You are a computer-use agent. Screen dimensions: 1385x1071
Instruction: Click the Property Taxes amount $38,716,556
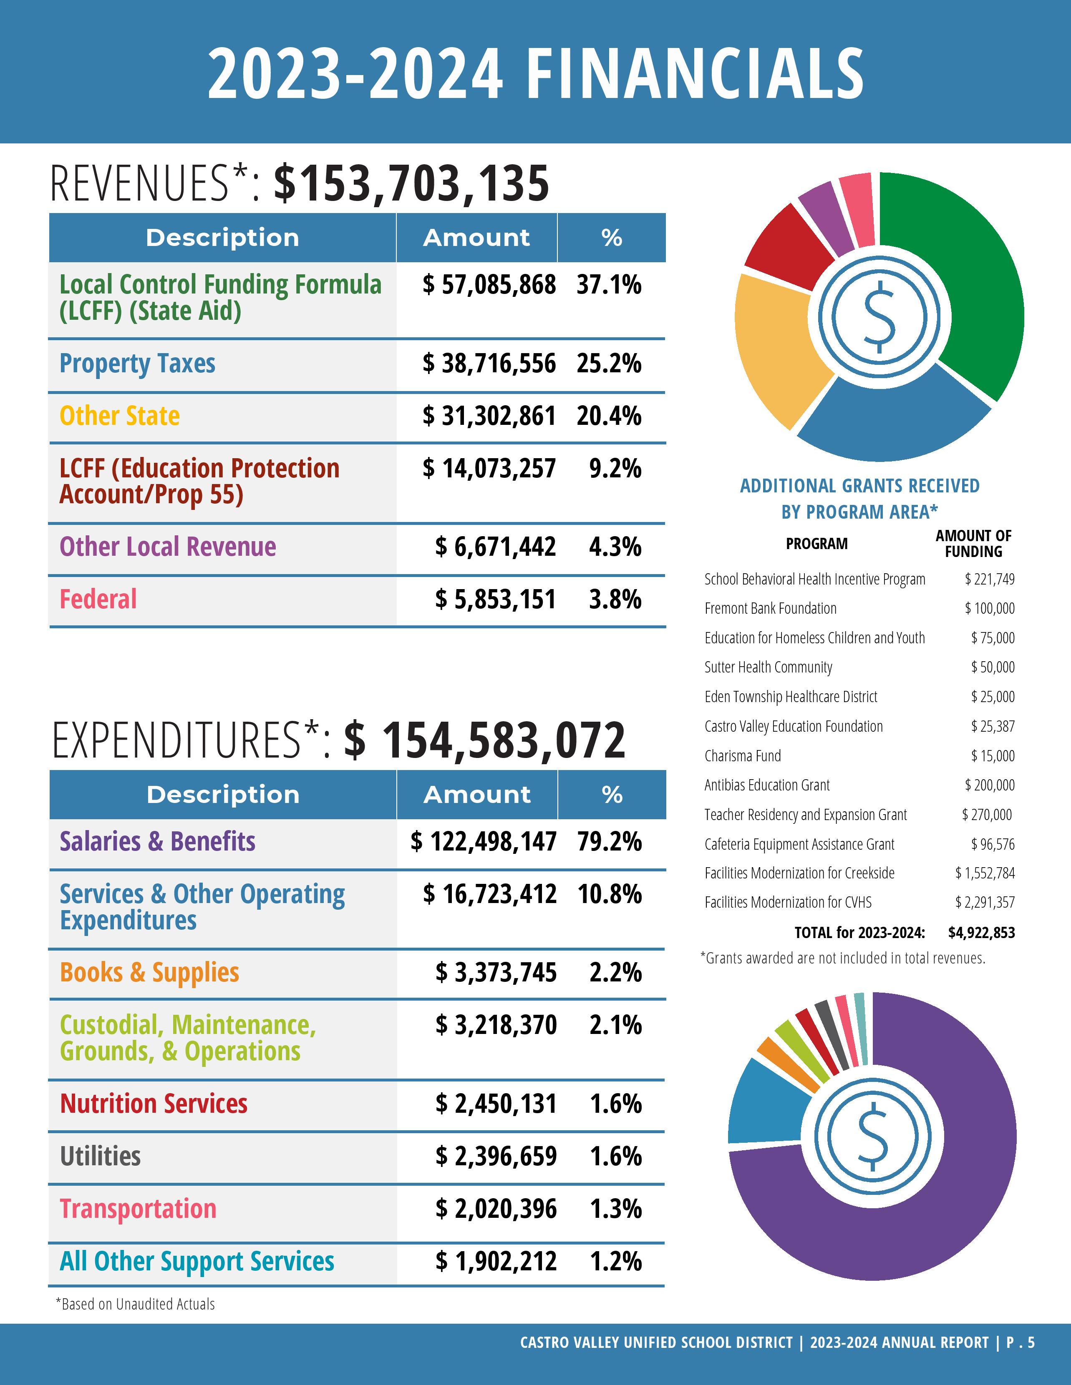click(489, 364)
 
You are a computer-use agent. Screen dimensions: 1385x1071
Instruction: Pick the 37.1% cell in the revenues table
click(608, 285)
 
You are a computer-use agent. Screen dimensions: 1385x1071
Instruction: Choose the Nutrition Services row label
click(154, 1104)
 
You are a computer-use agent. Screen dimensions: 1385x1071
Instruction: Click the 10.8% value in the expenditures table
click(609, 895)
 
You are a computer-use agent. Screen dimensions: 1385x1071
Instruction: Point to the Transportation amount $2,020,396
click(496, 1209)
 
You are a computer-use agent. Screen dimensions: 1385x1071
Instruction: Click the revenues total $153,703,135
click(411, 184)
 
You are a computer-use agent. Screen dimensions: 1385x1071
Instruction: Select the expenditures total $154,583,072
click(485, 741)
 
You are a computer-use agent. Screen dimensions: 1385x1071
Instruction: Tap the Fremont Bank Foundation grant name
click(770, 609)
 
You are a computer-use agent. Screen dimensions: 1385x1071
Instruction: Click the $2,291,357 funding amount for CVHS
click(985, 902)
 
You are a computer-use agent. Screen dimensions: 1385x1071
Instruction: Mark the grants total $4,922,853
click(981, 933)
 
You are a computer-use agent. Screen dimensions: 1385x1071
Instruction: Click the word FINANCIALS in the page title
click(695, 74)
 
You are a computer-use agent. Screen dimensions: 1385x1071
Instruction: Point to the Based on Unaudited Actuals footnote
click(135, 1305)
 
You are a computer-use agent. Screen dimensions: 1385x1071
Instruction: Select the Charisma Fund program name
click(742, 756)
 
